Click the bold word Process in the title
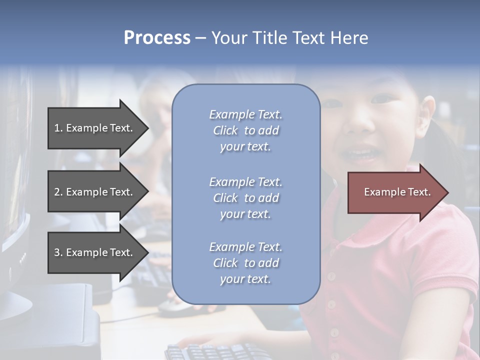tap(157, 38)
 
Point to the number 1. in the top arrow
tap(58, 128)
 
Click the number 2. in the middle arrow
tap(58, 192)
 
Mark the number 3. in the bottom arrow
tap(58, 252)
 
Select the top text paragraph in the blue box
tap(245, 130)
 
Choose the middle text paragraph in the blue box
tap(245, 198)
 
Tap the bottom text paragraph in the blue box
tap(245, 263)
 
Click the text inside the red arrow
tap(397, 192)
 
